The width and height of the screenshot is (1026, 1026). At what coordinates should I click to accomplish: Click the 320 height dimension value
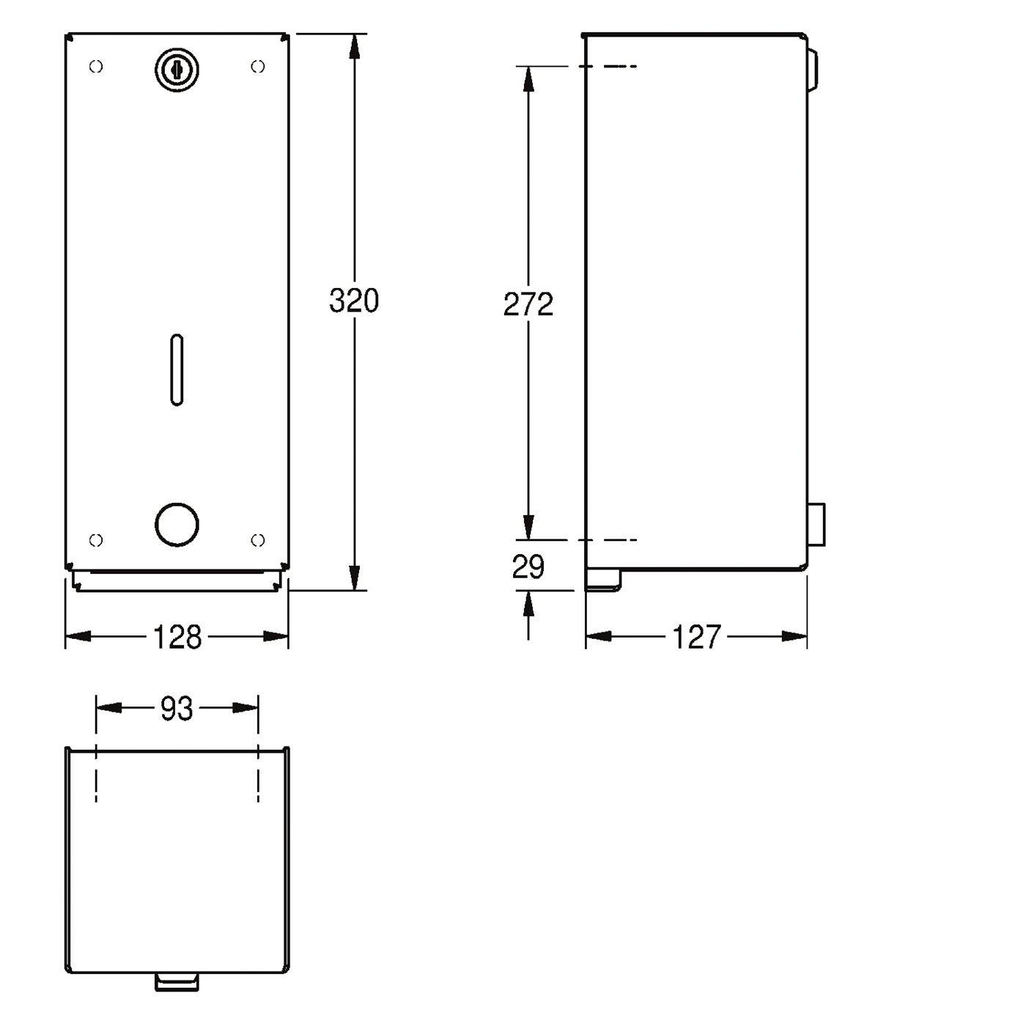click(353, 300)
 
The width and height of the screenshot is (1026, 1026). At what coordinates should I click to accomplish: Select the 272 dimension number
click(528, 305)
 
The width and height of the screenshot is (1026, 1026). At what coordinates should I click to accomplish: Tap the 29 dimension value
click(528, 566)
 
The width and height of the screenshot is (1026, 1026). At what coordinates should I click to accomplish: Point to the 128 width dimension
click(177, 637)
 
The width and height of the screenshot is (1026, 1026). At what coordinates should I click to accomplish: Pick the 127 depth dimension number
click(696, 637)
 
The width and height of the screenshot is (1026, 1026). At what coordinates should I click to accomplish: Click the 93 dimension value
click(176, 709)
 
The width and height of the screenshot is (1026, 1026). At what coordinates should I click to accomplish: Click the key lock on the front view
click(177, 70)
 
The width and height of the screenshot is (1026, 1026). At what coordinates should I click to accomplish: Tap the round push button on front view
click(177, 525)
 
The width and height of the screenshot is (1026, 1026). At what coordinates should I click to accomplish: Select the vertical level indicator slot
click(177, 369)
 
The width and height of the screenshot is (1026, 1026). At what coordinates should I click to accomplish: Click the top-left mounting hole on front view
click(96, 67)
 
